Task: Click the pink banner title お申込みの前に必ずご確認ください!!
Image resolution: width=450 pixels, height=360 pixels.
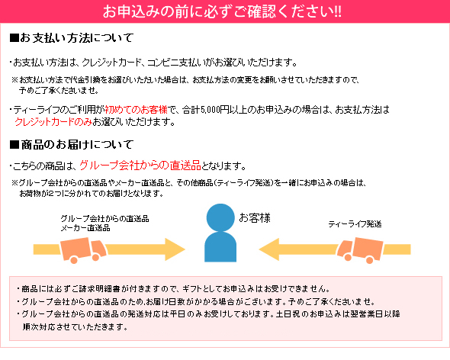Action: (222, 11)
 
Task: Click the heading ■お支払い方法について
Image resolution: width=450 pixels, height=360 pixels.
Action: (72, 38)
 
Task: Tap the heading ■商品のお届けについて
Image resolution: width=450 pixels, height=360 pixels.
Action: (72, 144)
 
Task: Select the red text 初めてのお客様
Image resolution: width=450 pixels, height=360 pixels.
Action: (136, 109)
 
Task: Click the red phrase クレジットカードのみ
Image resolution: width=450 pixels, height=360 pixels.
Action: (53, 122)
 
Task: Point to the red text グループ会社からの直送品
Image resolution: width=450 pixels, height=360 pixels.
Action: (140, 166)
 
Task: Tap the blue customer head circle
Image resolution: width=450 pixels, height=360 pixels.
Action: (220, 217)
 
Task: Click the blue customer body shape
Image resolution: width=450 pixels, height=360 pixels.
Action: (220, 247)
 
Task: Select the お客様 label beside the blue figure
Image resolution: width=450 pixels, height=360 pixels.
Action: (255, 218)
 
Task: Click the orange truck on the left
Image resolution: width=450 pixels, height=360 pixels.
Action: (83, 249)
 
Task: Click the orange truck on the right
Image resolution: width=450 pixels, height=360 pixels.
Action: (360, 249)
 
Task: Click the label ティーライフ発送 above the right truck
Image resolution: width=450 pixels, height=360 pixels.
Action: (355, 224)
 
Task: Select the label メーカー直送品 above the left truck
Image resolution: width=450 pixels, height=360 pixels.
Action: (85, 228)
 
